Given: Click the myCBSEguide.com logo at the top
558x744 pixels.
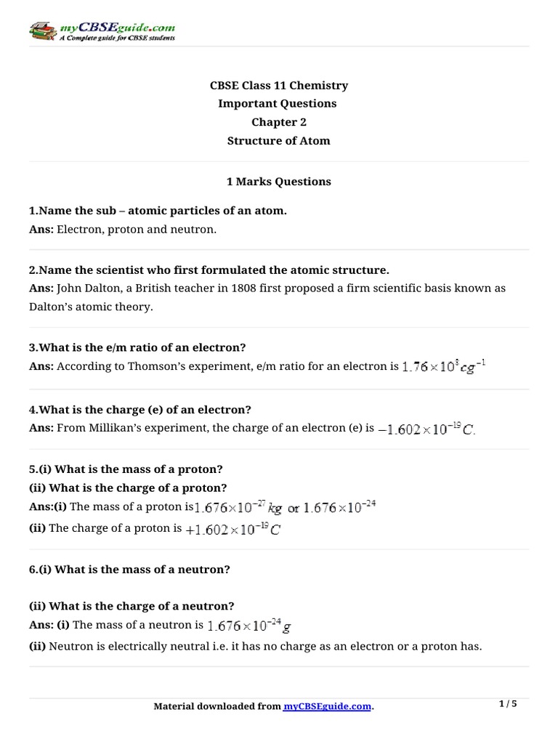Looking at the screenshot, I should [102, 31].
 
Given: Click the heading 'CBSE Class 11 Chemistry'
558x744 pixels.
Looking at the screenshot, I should [279, 86].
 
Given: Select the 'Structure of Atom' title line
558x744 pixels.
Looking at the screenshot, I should [279, 141].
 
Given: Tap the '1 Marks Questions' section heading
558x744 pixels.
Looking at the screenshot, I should [279, 182].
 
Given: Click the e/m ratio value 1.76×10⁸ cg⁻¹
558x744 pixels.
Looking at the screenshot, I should [444, 366].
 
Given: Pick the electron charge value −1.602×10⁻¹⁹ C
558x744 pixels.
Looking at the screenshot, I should [426, 429].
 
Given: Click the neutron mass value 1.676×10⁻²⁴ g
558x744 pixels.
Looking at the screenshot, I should [249, 625].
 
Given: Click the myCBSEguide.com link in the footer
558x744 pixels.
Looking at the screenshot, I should [327, 706].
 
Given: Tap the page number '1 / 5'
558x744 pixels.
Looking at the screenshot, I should [508, 704].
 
